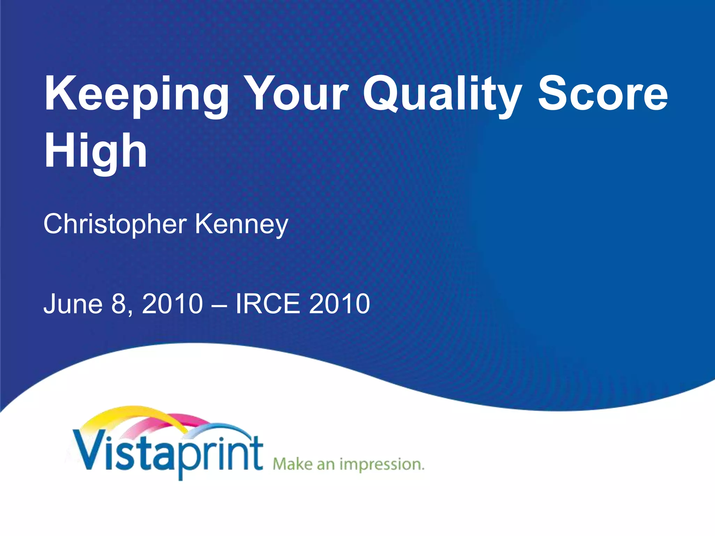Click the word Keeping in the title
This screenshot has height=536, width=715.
[136, 94]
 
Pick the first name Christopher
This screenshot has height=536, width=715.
[115, 224]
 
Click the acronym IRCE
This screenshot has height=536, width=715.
[267, 304]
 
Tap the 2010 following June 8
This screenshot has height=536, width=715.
[172, 304]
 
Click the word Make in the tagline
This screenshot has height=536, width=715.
[293, 464]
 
